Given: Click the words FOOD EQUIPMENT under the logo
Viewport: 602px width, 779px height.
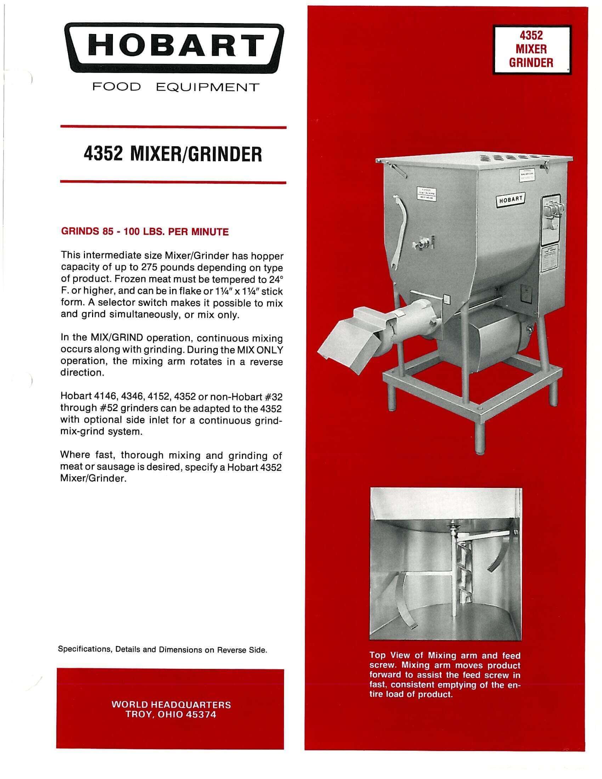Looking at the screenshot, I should click(175, 87).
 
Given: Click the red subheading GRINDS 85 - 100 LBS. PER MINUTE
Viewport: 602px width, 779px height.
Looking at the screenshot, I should click(145, 232).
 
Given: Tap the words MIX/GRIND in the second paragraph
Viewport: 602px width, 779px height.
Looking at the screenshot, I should click(117, 337).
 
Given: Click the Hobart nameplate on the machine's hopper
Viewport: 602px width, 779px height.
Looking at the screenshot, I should click(510, 200).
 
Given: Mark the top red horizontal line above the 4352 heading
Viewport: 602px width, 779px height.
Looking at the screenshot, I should click(173, 127).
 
